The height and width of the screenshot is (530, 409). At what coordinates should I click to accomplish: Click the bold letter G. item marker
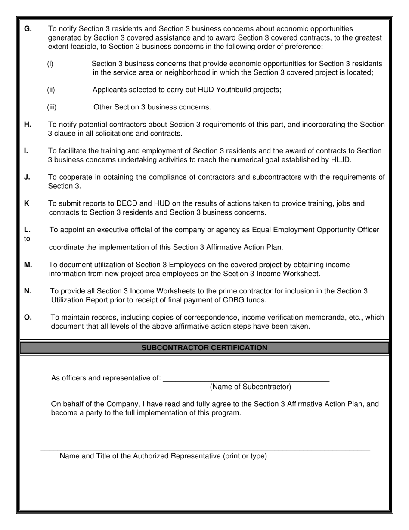tap(28, 29)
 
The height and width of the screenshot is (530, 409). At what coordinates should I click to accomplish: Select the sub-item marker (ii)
tap(51, 90)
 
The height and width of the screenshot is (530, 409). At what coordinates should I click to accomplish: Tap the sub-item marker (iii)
tap(52, 107)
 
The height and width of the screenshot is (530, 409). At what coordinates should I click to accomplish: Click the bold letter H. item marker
tap(28, 125)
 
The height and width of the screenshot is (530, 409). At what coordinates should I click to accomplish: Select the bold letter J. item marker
tap(27, 177)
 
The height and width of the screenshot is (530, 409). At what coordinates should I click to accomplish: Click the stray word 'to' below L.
tap(27, 239)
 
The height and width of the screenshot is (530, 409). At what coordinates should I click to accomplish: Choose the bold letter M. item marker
tap(28, 265)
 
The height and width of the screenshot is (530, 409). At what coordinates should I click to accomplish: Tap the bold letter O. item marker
tap(28, 318)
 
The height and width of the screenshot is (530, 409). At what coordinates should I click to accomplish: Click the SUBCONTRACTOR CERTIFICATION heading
tap(204, 348)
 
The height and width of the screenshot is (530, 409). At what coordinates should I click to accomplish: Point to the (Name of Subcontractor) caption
tap(250, 387)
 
